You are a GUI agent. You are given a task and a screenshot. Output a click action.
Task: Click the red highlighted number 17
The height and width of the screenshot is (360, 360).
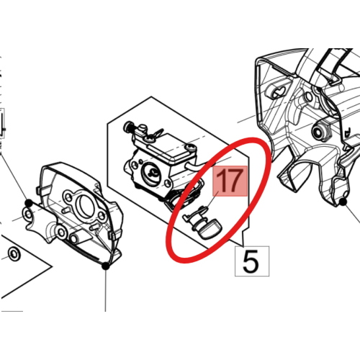(230, 181)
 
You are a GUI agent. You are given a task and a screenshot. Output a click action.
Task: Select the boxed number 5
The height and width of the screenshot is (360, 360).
(251, 261)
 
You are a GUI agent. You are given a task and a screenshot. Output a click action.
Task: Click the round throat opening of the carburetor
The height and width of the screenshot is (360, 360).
(151, 172)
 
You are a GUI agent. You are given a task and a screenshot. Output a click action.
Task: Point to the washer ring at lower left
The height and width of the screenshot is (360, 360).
(14, 253)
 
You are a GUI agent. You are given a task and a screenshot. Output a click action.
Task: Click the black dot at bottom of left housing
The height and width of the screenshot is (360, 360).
(106, 266)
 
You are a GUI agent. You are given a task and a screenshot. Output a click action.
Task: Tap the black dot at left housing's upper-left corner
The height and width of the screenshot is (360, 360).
(29, 203)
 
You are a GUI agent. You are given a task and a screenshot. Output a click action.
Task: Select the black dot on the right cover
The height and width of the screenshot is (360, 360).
(343, 202)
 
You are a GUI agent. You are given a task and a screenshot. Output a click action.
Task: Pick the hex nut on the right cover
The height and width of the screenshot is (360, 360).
(321, 130)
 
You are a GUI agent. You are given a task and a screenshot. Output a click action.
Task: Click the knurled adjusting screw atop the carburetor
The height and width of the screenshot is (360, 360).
(128, 127)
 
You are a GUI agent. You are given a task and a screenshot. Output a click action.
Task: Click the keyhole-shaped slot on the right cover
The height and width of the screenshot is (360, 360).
(278, 93)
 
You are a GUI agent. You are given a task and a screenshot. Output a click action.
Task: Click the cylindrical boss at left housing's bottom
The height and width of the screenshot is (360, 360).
(75, 238)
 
